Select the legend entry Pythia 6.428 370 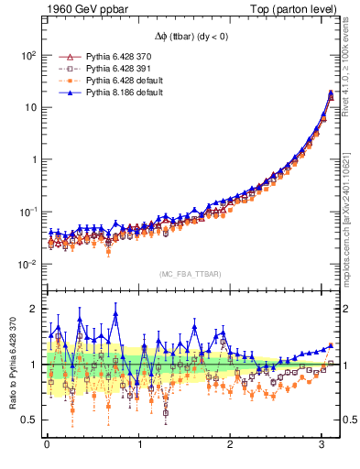(x=114, y=56)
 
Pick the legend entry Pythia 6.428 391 (x=114, y=68)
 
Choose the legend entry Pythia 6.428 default (x=116, y=80)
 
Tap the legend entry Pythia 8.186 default (x=116, y=92)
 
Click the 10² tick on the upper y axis (x=27, y=55)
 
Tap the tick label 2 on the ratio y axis (x=32, y=309)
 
